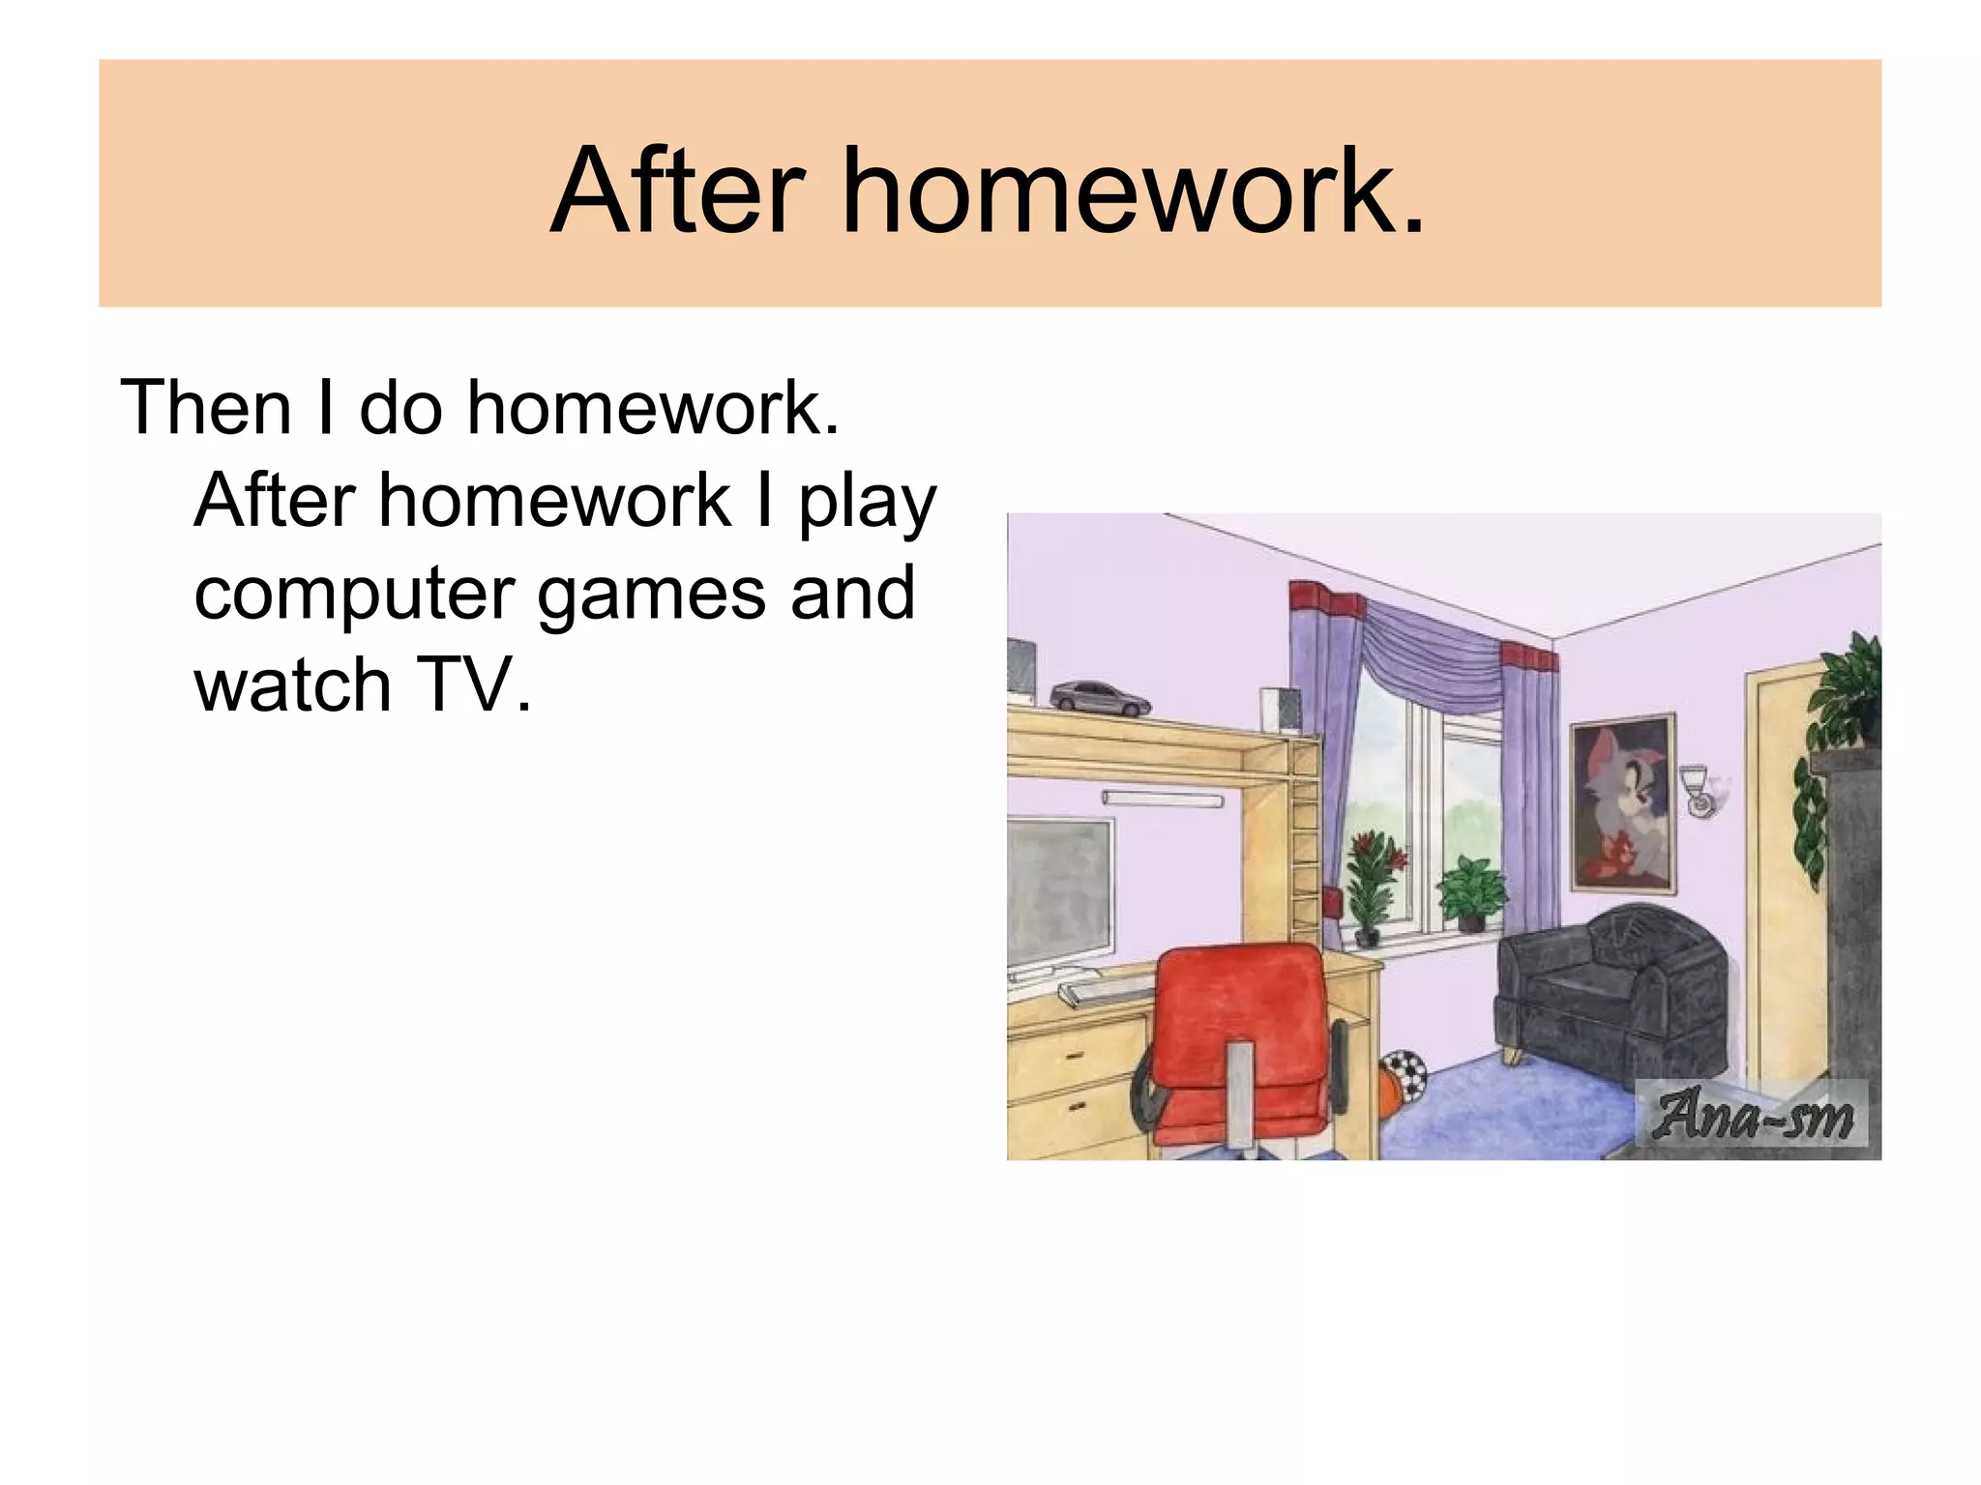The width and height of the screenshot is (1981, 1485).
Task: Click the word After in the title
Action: click(x=677, y=190)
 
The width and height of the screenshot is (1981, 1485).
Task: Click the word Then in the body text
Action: click(x=206, y=408)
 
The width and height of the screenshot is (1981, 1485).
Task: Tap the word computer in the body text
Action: click(x=353, y=594)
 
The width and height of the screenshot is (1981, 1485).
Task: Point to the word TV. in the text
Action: click(x=474, y=685)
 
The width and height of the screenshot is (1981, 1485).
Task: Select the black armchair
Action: click(x=1611, y=986)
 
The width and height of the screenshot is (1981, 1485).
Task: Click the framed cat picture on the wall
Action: click(x=1624, y=802)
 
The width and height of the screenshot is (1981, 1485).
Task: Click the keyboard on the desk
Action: click(x=1108, y=991)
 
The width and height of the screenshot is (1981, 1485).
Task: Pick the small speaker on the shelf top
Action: click(x=1280, y=711)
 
